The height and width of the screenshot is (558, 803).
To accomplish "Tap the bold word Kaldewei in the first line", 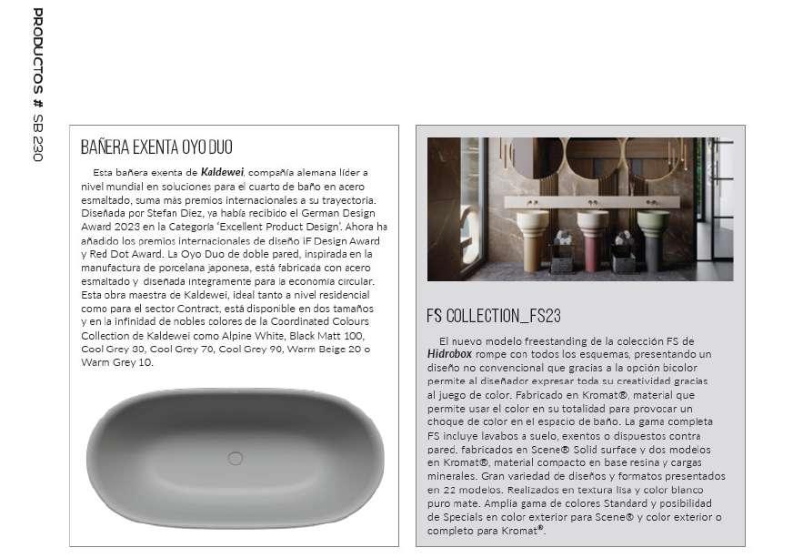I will tap(221, 172).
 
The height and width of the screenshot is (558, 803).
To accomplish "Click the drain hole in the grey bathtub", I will tap(235, 459).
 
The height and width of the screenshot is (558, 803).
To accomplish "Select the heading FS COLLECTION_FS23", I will tap(493, 316).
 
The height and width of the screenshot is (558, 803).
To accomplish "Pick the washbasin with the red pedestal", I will tap(592, 239).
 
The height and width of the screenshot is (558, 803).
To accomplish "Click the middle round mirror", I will tap(593, 157).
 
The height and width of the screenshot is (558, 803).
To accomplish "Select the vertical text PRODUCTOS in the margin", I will tap(37, 51).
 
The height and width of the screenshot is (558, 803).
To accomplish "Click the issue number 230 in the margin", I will tap(37, 146).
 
